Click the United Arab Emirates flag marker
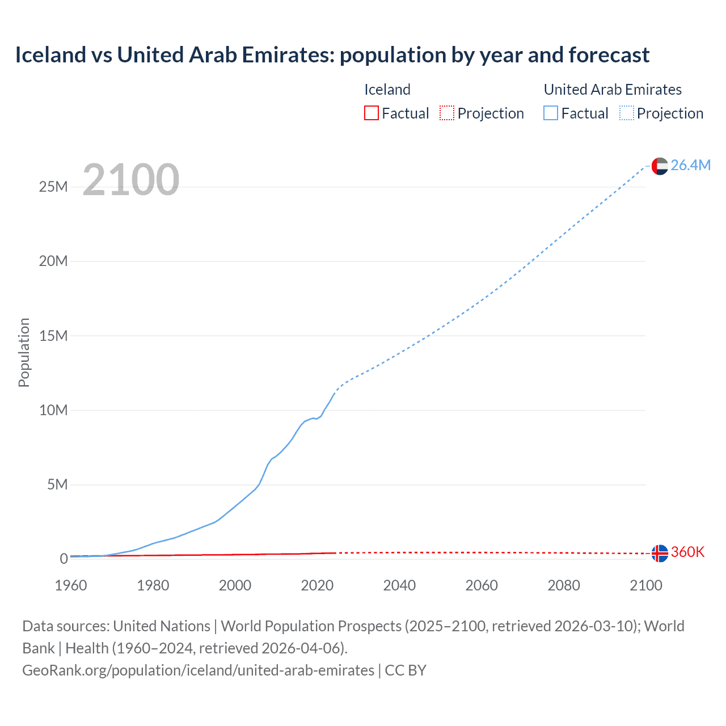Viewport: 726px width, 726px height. coord(660,166)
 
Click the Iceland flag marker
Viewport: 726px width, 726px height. coord(660,553)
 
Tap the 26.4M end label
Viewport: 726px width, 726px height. coord(690,165)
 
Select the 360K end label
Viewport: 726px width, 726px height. coord(687,552)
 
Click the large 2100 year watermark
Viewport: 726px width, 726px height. coord(131,180)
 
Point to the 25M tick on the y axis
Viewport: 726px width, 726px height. coord(53,187)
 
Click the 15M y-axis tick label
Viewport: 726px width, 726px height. coord(53,336)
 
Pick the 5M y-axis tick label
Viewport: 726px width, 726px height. coord(57,484)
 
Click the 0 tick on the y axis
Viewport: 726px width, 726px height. coord(64,559)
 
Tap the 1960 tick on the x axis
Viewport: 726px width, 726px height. coord(71,585)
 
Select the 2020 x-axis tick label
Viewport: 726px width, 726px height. coord(317,585)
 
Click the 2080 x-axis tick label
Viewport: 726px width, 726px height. coord(564,585)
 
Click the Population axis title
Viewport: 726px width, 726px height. coord(24,352)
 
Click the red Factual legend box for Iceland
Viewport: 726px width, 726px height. coord(372,113)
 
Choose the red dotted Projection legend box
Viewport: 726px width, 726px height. coord(447,113)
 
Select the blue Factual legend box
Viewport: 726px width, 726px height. coord(551,113)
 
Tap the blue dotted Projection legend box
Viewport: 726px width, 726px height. coord(627,113)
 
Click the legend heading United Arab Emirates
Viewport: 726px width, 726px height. coord(613,90)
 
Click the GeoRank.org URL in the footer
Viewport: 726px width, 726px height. coord(198,670)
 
